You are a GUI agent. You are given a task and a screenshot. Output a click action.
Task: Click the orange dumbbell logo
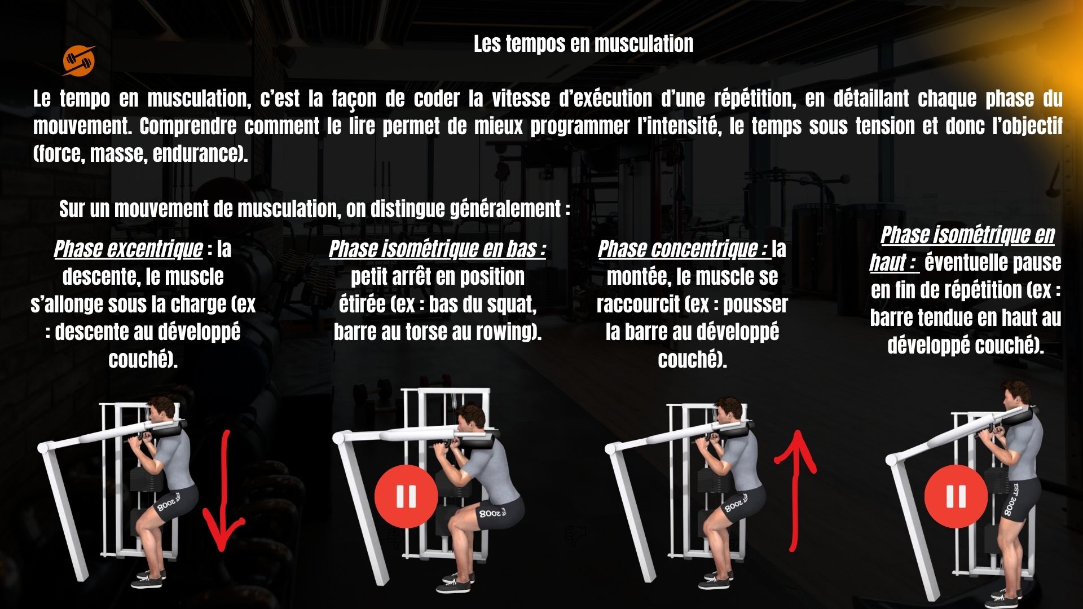tap(79, 60)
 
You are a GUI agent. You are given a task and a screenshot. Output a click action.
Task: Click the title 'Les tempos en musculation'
tap(583, 44)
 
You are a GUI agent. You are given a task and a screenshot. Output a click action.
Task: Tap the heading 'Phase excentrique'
tap(128, 249)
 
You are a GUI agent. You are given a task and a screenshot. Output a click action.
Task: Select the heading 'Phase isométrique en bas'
tap(437, 249)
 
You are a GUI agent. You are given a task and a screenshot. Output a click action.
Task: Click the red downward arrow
tap(224, 491)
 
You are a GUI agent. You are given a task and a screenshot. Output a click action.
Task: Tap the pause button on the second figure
tap(406, 496)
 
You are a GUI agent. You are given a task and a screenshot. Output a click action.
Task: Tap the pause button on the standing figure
tap(956, 497)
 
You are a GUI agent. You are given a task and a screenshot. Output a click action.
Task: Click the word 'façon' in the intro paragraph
tap(354, 99)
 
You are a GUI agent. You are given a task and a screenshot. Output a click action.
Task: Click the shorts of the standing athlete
tap(1018, 498)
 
